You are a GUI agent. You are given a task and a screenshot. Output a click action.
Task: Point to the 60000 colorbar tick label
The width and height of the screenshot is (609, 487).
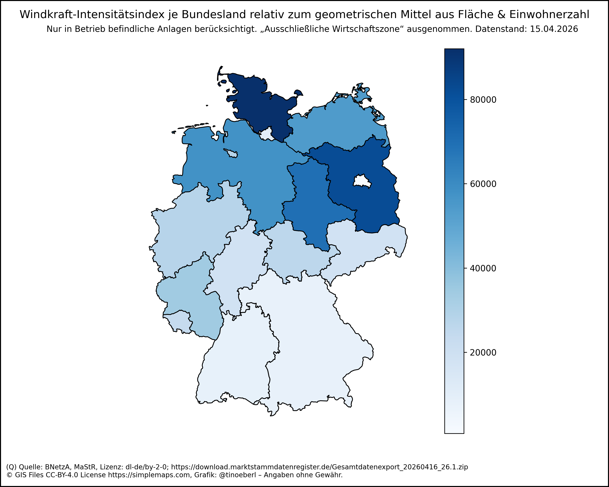pos(483,184)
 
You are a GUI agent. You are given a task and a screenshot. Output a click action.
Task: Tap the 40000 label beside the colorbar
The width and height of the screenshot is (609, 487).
pos(483,268)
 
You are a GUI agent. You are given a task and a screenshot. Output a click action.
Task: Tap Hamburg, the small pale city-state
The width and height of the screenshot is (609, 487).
pos(266,134)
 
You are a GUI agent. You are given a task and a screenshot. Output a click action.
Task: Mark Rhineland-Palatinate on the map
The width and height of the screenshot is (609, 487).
pos(192,294)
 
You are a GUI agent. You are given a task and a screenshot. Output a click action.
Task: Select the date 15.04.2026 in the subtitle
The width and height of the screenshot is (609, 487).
pos(554,29)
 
